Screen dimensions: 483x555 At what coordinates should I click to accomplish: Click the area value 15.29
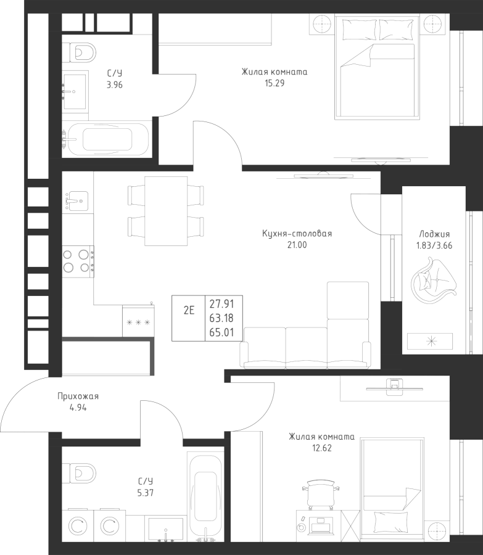point(275,83)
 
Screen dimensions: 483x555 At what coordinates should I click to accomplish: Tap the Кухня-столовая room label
point(297,233)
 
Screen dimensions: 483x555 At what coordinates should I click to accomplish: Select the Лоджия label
point(434,234)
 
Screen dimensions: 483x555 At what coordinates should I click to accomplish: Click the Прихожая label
point(78,396)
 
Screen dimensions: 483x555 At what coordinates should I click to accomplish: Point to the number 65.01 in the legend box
point(221,332)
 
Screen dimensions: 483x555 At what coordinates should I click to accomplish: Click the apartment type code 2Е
point(189,310)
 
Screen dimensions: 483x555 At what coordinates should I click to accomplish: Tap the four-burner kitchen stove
point(78,261)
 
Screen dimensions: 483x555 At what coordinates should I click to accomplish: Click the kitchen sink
point(75,200)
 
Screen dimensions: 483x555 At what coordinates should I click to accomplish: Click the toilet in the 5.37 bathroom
point(80,472)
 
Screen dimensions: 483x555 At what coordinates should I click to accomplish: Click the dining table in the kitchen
point(166,211)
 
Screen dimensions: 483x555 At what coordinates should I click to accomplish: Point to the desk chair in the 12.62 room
point(321,495)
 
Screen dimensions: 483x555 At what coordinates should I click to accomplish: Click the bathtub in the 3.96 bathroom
point(107,139)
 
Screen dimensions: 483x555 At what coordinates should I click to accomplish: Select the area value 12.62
point(321,448)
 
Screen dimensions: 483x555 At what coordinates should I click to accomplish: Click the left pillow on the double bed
point(359,29)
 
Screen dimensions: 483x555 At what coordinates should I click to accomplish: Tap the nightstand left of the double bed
point(322,25)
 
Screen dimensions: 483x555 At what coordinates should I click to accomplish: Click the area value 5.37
point(145,492)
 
